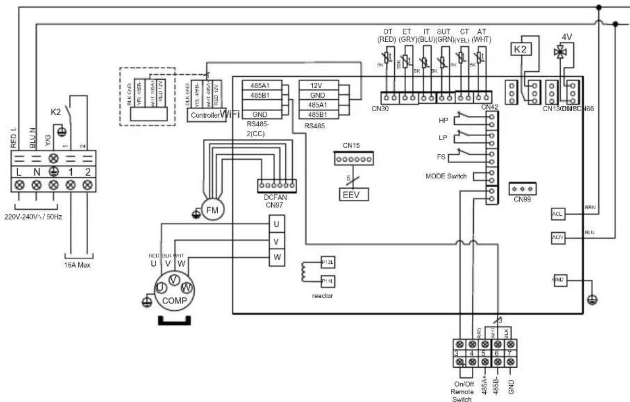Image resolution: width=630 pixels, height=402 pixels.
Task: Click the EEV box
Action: pyautogui.click(x=354, y=194)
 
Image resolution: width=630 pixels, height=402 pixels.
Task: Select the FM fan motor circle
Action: pyautogui.click(x=212, y=210)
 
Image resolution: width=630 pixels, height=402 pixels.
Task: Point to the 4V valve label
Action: pyautogui.click(x=567, y=38)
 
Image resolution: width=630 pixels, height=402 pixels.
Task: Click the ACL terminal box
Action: pyautogui.click(x=556, y=214)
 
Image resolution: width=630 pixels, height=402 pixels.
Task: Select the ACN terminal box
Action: pyautogui.click(x=556, y=238)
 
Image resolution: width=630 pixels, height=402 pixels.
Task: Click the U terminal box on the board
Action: pyautogui.click(x=276, y=224)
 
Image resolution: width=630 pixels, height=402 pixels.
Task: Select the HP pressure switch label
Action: pyautogui.click(x=444, y=120)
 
